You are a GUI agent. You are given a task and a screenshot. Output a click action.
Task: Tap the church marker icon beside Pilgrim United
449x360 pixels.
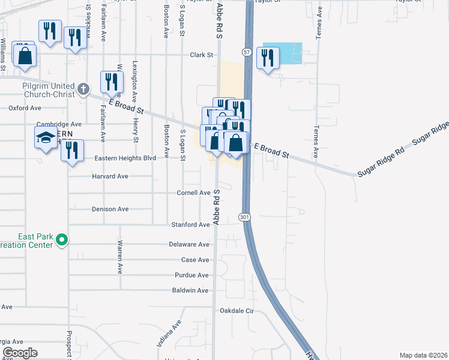click(x=83, y=91)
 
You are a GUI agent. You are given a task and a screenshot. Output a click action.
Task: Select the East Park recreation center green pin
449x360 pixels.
click(x=61, y=241)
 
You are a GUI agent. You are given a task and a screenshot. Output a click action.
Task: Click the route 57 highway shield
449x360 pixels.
click(x=247, y=53)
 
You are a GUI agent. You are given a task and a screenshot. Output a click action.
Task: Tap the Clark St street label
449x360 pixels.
click(x=202, y=55)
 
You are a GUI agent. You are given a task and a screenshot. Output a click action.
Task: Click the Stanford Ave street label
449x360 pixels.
click(x=190, y=224)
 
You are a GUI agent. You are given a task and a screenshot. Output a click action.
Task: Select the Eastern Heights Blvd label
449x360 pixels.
click(x=125, y=158)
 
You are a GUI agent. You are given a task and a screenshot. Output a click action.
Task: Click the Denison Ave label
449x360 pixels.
click(x=110, y=209)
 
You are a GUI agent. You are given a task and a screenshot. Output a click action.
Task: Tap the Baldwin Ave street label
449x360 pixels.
click(x=190, y=290)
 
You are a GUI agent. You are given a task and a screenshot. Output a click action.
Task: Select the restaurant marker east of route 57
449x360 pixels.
click(x=268, y=58)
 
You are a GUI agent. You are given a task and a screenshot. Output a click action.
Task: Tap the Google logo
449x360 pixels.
click(x=20, y=353)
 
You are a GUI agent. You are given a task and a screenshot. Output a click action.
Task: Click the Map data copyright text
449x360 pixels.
click(x=423, y=355)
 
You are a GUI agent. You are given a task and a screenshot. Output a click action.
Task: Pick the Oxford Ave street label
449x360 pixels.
click(x=25, y=108)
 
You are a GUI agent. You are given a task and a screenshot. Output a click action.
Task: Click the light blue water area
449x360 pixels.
click(x=282, y=53)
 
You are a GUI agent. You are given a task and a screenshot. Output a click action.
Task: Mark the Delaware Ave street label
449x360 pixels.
click(x=188, y=245)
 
